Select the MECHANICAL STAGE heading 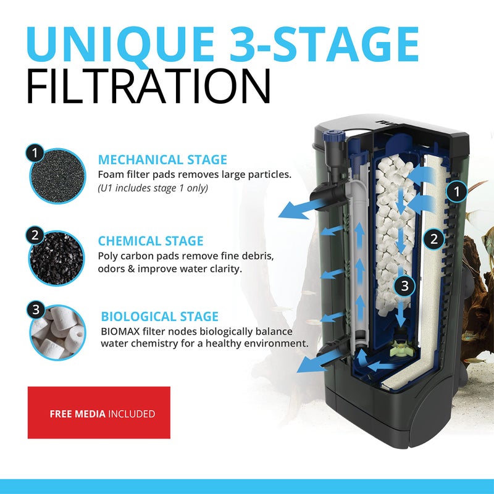(162, 160)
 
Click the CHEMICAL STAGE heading (150, 241)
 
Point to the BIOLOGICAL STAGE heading (159, 317)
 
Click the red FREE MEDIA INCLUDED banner (99, 412)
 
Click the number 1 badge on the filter (457, 193)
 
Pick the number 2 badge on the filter (434, 238)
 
